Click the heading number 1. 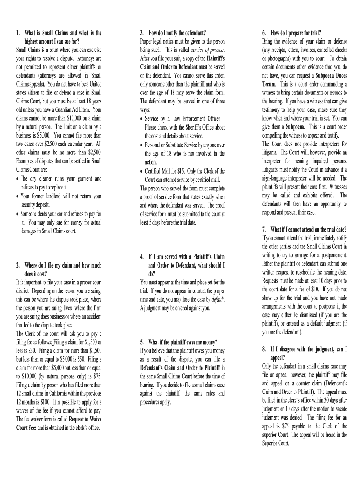point(18,32)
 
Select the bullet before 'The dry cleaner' point(18,179)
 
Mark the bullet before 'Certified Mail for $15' point(142,171)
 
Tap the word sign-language point(281,178)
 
